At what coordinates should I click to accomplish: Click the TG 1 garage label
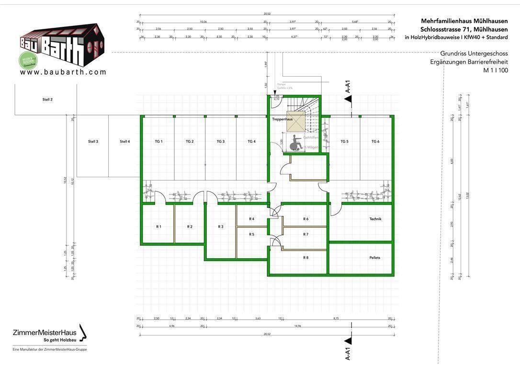coord(158,141)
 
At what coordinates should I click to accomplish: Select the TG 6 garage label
coord(375,141)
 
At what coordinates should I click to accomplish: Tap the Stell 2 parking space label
coord(47,100)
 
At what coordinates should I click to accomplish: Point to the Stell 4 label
coord(125,141)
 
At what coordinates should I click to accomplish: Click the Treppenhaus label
coord(282,119)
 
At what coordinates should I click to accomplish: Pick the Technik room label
coord(375,219)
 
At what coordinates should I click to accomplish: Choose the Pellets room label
coord(375,258)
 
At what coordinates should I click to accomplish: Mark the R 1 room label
coord(158,227)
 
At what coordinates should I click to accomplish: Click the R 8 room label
coord(306,258)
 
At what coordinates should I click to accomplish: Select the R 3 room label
coord(221,227)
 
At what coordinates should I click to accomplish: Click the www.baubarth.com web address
coord(63,72)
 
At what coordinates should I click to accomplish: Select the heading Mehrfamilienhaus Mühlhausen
coord(464,21)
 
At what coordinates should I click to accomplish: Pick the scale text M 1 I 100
coord(495,70)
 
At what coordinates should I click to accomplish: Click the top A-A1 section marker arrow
coord(349,99)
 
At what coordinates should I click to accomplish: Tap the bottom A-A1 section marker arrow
coord(349,341)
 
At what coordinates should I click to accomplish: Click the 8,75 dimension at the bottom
coord(337,318)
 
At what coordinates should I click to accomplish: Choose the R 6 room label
coord(306,219)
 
